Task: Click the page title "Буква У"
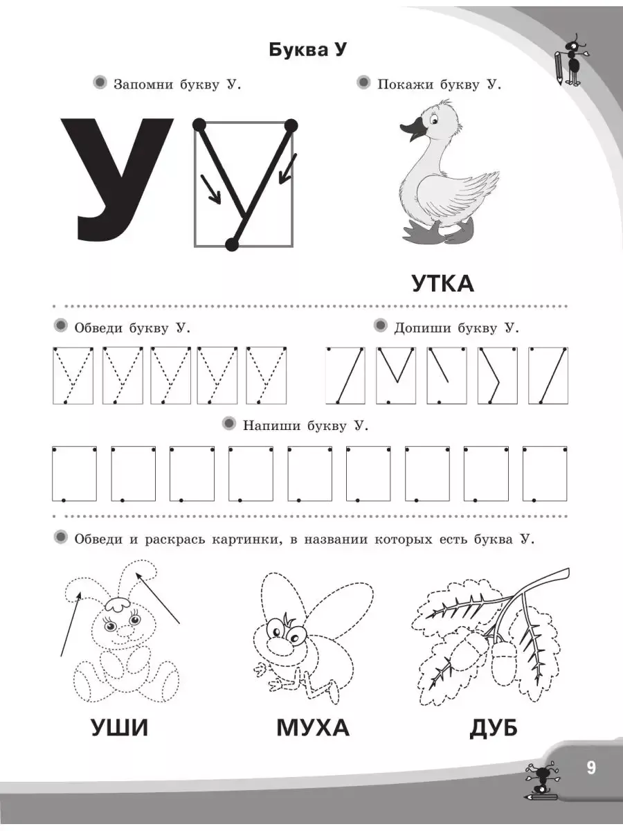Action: (307, 51)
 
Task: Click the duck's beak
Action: (413, 130)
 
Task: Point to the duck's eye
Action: (434, 120)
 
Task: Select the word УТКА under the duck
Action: (443, 284)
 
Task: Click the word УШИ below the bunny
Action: (120, 728)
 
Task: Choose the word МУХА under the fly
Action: (313, 728)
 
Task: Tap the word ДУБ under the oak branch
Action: (494, 728)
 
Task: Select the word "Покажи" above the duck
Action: (405, 84)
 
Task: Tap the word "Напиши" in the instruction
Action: (272, 426)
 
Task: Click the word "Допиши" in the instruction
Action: (422, 328)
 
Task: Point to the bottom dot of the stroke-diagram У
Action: (232, 244)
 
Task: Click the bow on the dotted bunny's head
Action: (118, 605)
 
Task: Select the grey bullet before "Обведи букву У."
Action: (60, 326)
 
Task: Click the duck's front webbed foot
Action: (422, 231)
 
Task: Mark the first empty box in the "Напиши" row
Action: (75, 474)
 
